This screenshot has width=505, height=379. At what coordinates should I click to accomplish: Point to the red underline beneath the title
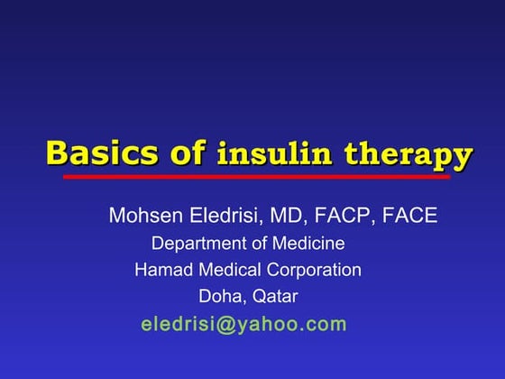point(256,177)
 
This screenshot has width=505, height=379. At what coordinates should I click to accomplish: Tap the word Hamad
point(159,269)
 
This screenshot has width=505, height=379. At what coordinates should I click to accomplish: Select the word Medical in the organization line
point(222,269)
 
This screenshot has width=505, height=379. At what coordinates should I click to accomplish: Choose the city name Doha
point(218,296)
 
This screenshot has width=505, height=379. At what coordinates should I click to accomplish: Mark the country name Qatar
point(271,296)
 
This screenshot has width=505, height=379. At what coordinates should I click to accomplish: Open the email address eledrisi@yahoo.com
point(243,324)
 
